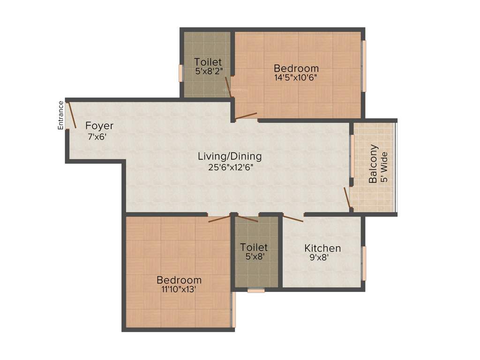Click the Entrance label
pos(60,115)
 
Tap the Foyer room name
pos(99,126)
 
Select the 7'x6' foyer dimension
pos(97,137)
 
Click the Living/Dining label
pos(230,156)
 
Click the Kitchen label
pos(322,248)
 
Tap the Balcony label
pos(374,164)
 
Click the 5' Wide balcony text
pos(385,167)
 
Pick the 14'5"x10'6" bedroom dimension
pos(296,78)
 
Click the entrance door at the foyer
pos(72,114)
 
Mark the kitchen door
pos(293,218)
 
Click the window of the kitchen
pos(364,263)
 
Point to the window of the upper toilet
pos(180,73)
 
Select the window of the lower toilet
pos(256,290)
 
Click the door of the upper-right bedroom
pos(246,115)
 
